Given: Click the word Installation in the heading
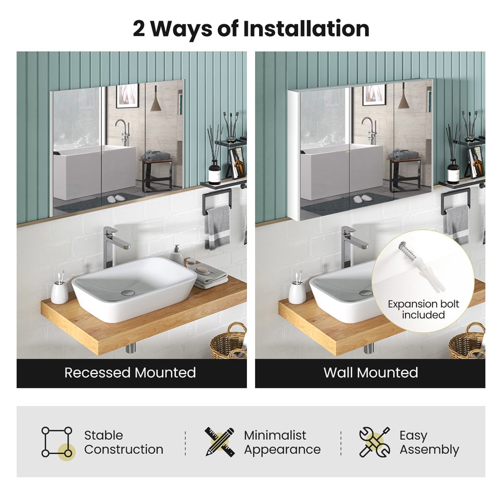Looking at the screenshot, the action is (306, 29).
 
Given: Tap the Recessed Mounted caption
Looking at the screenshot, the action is (130, 372).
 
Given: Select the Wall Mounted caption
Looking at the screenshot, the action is (371, 372).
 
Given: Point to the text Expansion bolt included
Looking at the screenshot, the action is (424, 309).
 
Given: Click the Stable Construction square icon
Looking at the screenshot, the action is (58, 442).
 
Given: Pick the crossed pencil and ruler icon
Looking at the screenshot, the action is (220, 442).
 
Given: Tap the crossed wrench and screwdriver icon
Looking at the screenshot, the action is (374, 442).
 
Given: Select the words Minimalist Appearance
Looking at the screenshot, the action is (282, 442).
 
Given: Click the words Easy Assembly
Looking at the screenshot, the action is (429, 442).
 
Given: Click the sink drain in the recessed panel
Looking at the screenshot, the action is (129, 293).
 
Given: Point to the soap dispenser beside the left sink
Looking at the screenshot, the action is (176, 255).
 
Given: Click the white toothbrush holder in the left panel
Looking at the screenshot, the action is (60, 291).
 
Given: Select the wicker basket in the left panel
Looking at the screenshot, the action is (228, 342).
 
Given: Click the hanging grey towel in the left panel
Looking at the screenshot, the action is (218, 227).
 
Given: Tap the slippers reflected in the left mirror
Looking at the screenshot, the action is (116, 198).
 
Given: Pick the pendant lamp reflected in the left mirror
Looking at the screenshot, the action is (156, 99).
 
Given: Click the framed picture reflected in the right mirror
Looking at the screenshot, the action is (373, 95).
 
